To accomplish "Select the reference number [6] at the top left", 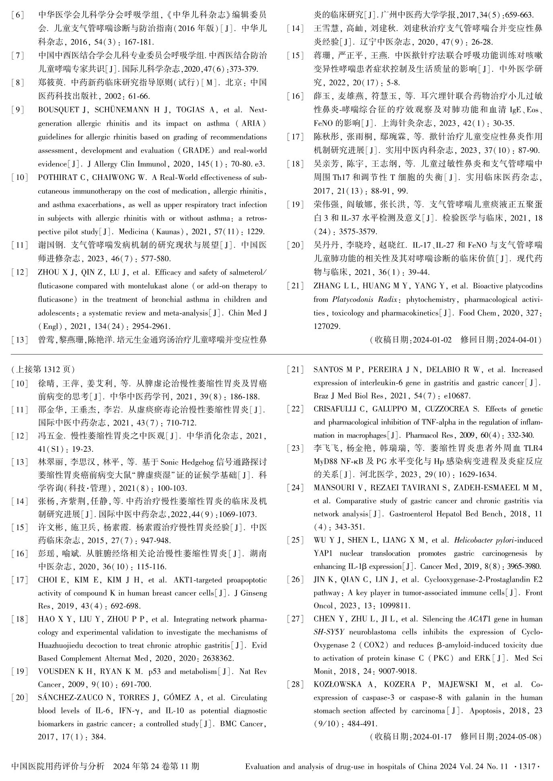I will click(x=17, y=15).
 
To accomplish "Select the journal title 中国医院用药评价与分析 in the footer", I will click(x=58, y=766).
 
